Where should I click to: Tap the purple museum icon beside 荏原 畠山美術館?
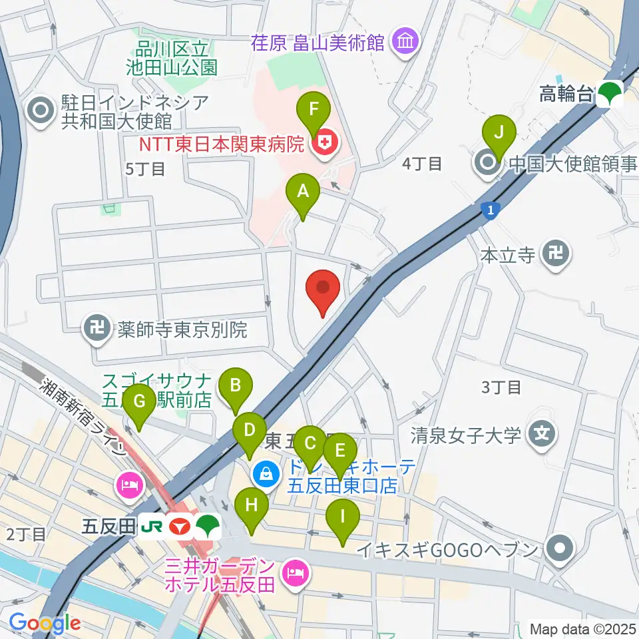pyautogui.click(x=404, y=43)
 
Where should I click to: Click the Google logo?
pyautogui.click(x=45, y=624)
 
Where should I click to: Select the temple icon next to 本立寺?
pyautogui.click(x=554, y=254)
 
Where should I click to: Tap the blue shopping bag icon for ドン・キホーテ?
pyautogui.click(x=266, y=474)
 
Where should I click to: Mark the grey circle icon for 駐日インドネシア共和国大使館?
pyautogui.click(x=41, y=110)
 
